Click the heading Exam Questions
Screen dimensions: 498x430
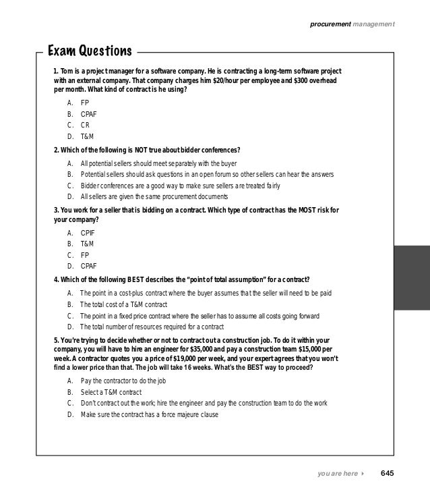click(89, 51)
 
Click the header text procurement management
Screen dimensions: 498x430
click(352, 25)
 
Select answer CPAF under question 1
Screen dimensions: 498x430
click(88, 114)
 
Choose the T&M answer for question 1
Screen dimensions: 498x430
click(87, 136)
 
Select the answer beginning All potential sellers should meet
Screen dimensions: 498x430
click(167, 163)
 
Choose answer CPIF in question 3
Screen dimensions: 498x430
click(87, 231)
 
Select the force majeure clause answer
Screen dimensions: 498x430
click(149, 414)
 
